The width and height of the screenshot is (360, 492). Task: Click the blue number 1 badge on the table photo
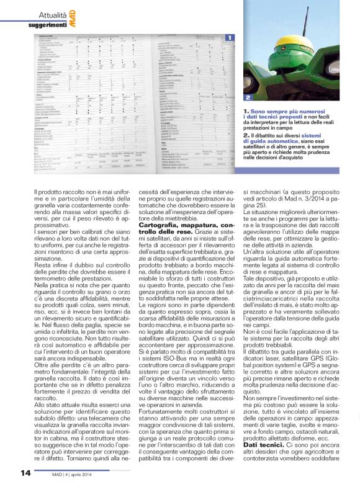(x=229, y=38)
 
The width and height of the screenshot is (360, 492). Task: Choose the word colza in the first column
(x=80, y=295)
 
